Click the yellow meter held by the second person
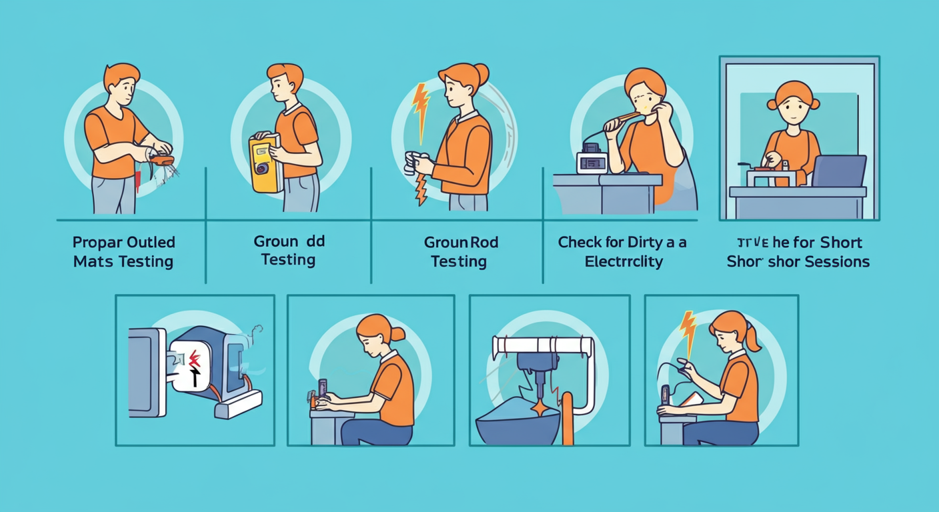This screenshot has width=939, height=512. coord(263,163)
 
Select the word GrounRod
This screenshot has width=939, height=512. coord(461,242)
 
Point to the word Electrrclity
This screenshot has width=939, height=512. coord(624,261)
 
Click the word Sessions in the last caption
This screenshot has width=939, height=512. coord(836,261)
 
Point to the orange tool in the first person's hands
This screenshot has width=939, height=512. coord(163,159)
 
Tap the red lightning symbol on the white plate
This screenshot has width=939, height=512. coord(195,360)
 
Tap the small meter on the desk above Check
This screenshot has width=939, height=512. coord(592,159)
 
